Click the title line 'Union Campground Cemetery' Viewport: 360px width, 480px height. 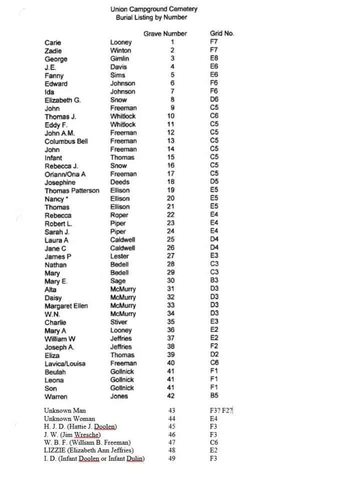153,9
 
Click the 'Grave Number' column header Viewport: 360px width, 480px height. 165,34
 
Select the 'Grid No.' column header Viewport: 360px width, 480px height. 222,34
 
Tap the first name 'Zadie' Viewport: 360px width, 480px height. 53,50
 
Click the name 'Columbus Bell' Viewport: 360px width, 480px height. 66,141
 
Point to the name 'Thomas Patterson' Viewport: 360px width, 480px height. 72,190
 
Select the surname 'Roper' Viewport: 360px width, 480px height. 119,215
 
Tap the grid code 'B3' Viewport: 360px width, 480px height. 214,281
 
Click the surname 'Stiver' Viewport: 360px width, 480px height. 119,322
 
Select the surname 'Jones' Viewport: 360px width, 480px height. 119,396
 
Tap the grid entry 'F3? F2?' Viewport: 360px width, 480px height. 222,410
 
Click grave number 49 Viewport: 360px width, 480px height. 172,458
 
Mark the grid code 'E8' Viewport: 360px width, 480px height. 214,59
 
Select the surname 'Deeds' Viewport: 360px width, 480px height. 120,182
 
